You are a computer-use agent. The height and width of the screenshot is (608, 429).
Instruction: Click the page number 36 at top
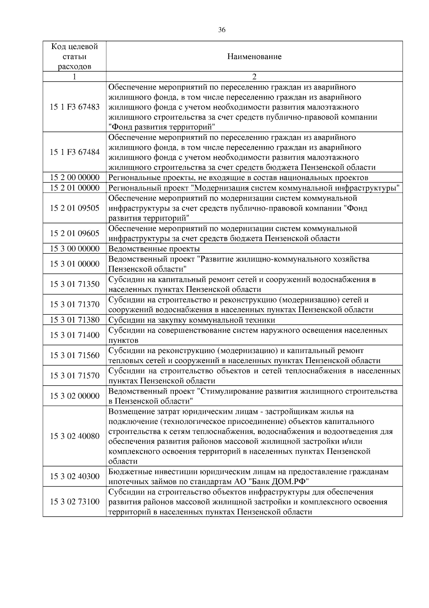222,30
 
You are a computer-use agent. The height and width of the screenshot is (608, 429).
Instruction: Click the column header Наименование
254,57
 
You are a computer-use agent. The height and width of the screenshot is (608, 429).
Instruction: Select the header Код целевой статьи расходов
74,57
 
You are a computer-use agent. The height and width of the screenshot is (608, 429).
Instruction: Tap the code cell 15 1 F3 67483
74,107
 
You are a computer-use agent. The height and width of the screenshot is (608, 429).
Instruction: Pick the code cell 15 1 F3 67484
74,152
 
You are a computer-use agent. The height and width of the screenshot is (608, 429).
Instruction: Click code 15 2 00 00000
74,178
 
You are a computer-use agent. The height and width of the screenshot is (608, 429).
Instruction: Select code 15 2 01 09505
74,208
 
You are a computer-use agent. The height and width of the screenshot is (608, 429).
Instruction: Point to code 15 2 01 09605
74,233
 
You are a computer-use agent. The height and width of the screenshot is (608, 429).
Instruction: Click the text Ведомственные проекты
154,248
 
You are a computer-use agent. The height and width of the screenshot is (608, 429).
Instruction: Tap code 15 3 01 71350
74,284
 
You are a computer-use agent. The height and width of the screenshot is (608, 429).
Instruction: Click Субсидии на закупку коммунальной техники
192,320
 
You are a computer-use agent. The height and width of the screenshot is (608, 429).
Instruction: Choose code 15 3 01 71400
74,335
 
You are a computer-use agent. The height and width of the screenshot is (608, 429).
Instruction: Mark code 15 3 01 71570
74,376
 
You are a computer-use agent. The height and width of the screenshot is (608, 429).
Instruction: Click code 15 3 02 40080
74,436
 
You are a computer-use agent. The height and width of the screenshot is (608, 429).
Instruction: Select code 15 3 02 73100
74,502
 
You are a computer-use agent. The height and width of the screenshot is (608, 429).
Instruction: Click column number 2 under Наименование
254,77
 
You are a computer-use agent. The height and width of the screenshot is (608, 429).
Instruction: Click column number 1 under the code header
74,77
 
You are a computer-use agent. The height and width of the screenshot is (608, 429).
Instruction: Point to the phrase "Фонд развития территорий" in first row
162,127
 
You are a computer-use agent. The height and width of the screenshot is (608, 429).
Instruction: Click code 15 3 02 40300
74,476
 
